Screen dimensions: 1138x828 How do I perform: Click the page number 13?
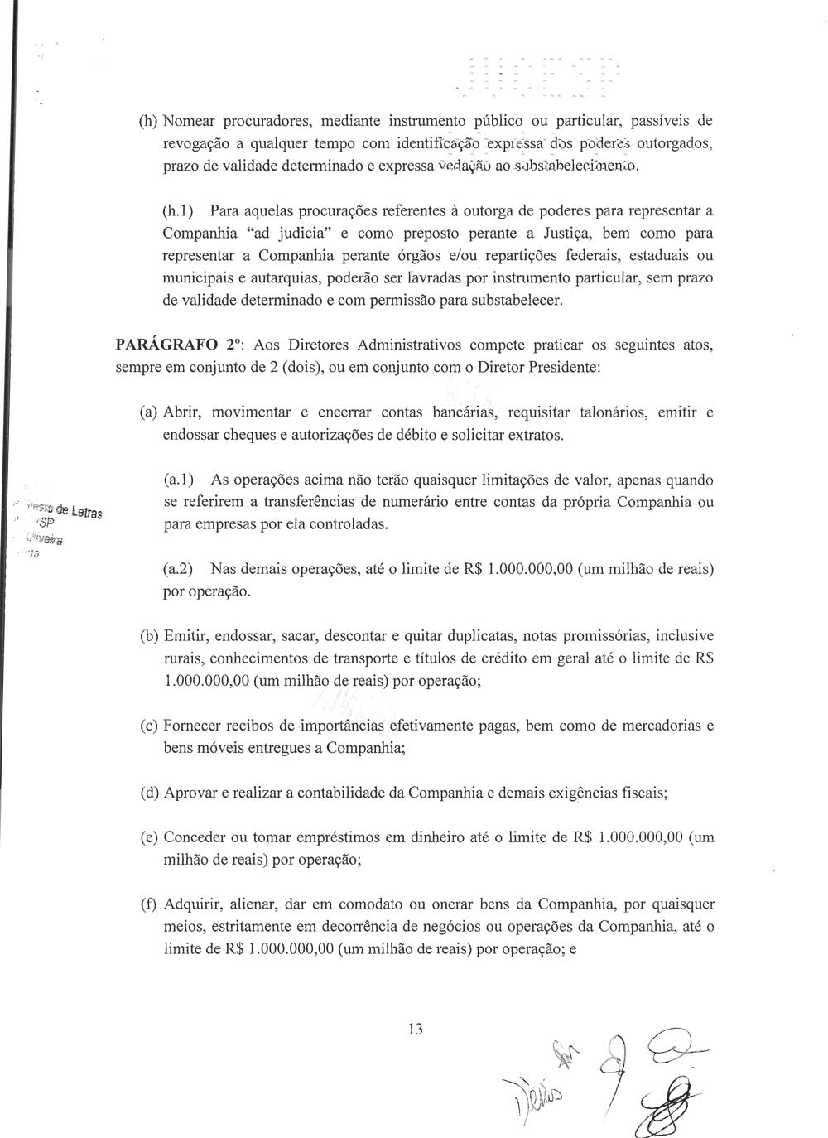click(415, 1029)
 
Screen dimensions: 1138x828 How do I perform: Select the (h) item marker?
click(148, 121)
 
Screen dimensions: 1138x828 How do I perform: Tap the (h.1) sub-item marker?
click(178, 211)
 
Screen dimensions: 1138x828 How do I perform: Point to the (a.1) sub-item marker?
click(178, 480)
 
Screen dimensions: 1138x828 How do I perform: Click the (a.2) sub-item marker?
click(178, 569)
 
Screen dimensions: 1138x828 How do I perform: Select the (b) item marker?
click(149, 636)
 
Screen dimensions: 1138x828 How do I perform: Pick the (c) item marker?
click(149, 726)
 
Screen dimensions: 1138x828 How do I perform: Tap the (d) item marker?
click(149, 793)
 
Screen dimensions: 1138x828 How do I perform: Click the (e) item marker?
click(149, 837)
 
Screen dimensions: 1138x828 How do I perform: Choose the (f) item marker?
click(149, 904)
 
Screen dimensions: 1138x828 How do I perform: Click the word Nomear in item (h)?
click(191, 121)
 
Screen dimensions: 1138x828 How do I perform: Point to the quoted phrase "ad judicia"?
click(270, 234)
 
